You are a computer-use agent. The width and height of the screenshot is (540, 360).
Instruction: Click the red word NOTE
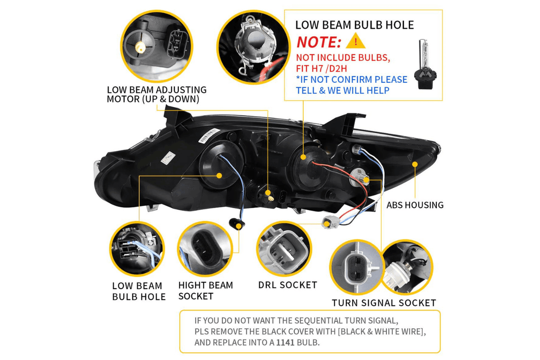tap(318, 42)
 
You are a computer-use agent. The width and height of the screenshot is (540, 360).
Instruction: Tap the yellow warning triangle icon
tap(355, 41)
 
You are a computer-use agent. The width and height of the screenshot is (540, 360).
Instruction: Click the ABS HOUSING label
tap(415, 205)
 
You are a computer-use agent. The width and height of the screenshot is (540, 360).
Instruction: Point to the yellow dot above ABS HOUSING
tap(415, 164)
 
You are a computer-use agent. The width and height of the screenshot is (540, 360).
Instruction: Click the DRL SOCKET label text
tap(287, 285)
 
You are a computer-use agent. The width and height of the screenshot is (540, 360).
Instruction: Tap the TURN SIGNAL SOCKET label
tap(384, 303)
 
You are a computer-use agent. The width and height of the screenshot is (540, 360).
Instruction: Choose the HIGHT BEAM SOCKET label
tap(206, 291)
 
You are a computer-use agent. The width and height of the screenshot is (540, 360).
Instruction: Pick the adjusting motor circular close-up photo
tap(157, 46)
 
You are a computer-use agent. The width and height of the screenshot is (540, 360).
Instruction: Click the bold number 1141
tap(285, 343)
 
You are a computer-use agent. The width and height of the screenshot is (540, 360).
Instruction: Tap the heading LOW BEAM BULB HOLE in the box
tap(355, 25)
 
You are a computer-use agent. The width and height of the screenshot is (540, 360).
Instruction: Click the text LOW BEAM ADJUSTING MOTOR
tap(157, 94)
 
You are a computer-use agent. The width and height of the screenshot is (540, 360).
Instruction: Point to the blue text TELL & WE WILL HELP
tap(343, 90)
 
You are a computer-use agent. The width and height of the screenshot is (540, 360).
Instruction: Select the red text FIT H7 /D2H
tap(321, 69)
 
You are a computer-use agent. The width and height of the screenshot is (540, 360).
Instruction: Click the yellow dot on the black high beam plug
tap(239, 226)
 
